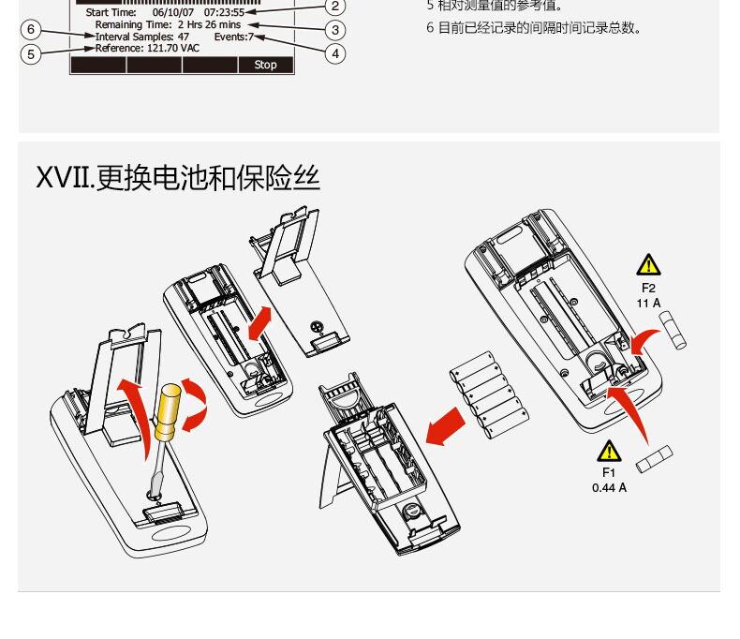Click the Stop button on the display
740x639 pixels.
point(265,65)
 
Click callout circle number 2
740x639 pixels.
point(335,6)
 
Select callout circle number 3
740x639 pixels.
point(335,29)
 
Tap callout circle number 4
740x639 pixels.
point(335,53)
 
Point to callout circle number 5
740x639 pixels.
point(31,53)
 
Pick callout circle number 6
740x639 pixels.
point(31,29)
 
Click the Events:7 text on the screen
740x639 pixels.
point(233,37)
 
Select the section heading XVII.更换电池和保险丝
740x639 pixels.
point(178,176)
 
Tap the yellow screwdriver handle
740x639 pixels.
point(169,412)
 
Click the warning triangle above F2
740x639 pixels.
point(648,265)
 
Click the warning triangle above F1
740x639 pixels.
point(610,452)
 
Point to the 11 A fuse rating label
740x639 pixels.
point(648,303)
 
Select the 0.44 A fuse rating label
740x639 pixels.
point(609,487)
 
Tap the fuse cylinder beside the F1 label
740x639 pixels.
point(654,459)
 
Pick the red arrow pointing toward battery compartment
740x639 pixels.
point(445,426)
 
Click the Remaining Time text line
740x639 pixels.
point(168,24)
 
